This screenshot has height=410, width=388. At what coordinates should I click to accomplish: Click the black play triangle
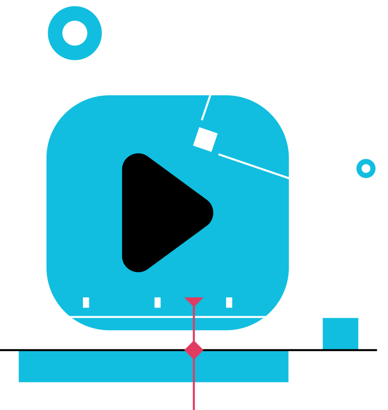[x=160, y=212]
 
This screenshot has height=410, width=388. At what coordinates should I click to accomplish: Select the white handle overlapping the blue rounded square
[x=205, y=139]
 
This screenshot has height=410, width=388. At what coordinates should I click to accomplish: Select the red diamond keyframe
[x=194, y=350]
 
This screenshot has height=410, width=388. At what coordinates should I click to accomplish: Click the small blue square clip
[x=340, y=333]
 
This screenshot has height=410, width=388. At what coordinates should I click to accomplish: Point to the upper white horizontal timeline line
[x=120, y=317]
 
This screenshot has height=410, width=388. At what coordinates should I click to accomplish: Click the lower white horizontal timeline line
[x=120, y=383]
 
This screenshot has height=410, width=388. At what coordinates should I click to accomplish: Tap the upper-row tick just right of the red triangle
[x=229, y=302]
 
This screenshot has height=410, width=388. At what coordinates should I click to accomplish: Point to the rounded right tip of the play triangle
[x=211, y=213]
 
